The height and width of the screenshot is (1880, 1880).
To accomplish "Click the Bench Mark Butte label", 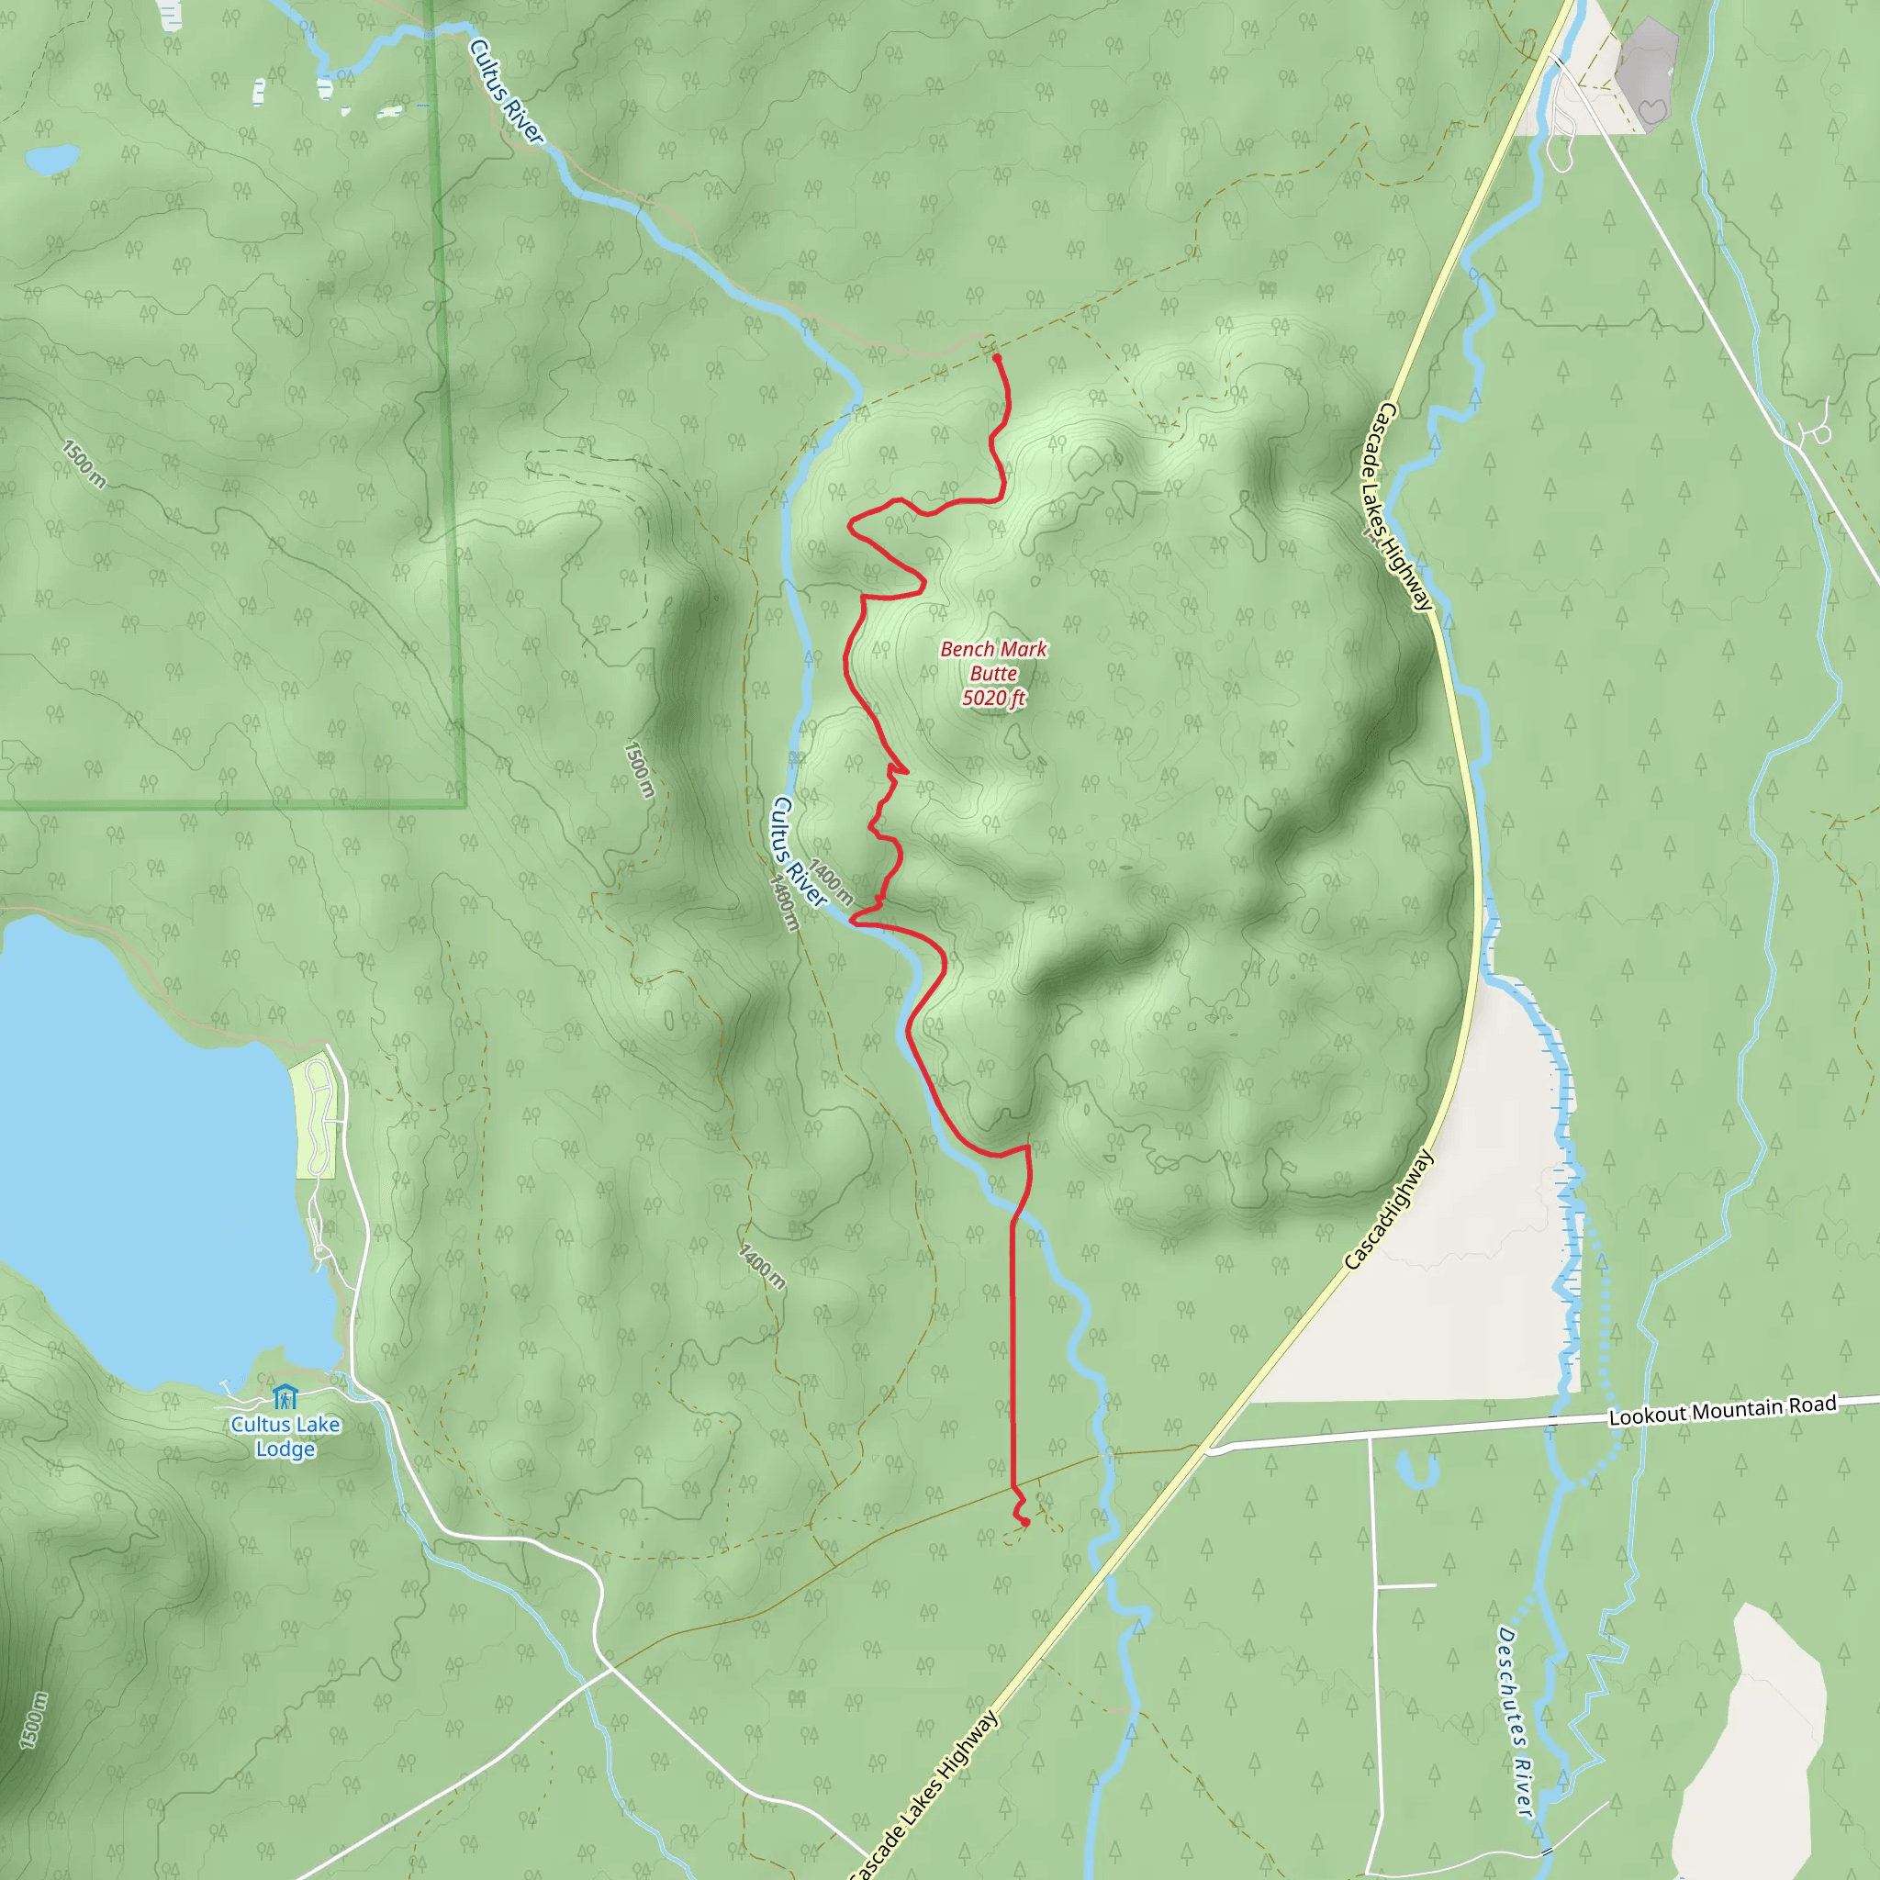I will (x=993, y=661).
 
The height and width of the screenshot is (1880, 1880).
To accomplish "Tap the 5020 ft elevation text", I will (x=993, y=698).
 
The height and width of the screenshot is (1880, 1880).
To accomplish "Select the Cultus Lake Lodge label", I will (x=285, y=1437).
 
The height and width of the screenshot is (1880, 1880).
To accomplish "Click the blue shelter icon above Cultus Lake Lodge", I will (x=285, y=1397).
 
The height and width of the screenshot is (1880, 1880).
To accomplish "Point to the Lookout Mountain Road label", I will (x=1722, y=1410).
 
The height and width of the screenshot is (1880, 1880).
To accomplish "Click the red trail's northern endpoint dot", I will (x=996, y=359).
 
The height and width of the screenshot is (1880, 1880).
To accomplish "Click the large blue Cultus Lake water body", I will (x=146, y=1148).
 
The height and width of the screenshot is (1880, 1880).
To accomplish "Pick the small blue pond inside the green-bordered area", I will (x=52, y=158).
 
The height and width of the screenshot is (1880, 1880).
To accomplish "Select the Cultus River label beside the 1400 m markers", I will (x=797, y=853).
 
